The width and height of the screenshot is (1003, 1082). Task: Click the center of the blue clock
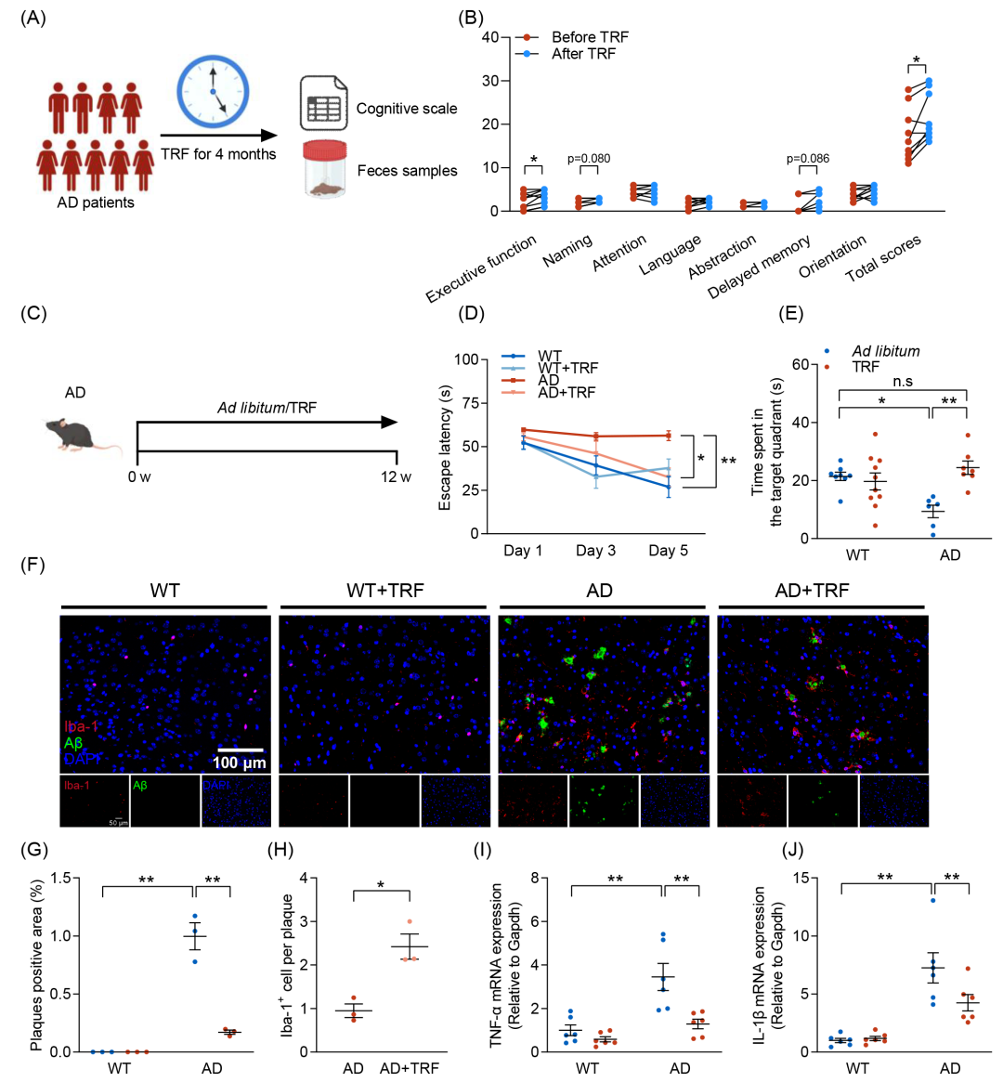coord(214,91)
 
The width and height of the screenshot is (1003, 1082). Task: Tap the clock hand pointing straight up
coord(214,76)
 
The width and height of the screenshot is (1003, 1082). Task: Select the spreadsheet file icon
coord(322,104)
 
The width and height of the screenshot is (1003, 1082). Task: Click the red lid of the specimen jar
coord(325,150)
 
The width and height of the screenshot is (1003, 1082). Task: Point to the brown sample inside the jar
coord(325,189)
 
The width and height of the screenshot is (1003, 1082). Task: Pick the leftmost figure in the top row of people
coord(59,106)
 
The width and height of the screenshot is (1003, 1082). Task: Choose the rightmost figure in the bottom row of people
coord(143,165)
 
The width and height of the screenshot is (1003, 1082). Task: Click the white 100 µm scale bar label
coord(241,763)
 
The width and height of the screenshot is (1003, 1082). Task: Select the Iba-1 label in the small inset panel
coord(77,785)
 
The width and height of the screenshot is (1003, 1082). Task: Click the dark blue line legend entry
coord(513,356)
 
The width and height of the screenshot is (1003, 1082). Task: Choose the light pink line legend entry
coord(513,393)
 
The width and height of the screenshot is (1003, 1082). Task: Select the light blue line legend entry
coord(513,368)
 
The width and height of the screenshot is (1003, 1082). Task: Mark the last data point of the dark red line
coord(669,435)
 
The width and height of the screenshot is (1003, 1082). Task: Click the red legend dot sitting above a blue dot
coord(527,37)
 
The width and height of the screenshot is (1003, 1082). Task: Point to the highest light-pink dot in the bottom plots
coord(410,921)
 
